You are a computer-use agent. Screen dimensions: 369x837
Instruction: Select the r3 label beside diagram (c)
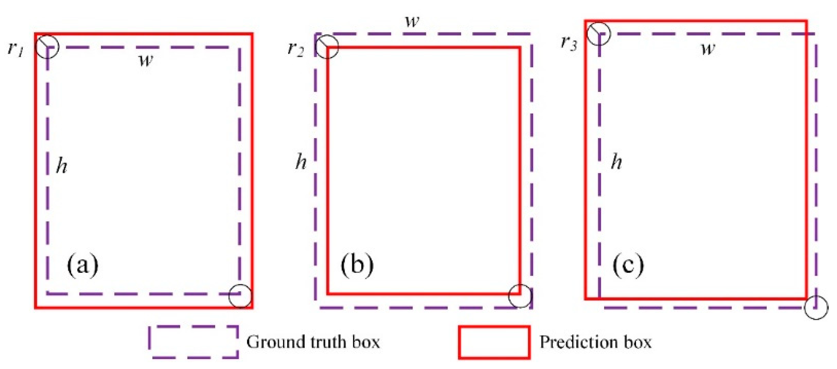(x=569, y=42)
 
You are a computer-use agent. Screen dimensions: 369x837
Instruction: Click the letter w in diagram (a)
(x=146, y=60)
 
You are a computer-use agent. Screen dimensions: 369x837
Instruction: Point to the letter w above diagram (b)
(x=412, y=21)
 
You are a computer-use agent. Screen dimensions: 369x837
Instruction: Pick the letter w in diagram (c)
(x=708, y=49)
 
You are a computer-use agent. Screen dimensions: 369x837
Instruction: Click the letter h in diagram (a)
(x=62, y=166)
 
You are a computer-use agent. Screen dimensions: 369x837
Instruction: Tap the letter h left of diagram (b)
(x=301, y=162)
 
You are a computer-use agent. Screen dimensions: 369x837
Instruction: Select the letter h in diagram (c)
(x=616, y=162)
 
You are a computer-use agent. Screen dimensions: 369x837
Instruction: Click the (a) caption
(x=82, y=265)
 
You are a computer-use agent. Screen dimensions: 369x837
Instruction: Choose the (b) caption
(x=357, y=265)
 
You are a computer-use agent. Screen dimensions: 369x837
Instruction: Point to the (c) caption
(x=628, y=265)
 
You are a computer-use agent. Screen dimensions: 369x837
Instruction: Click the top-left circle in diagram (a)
(x=47, y=46)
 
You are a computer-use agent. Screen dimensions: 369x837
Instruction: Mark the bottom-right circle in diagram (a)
(x=240, y=296)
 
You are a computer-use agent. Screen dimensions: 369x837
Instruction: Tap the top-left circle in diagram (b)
(x=327, y=47)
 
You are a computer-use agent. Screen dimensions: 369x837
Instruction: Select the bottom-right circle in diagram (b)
(x=520, y=296)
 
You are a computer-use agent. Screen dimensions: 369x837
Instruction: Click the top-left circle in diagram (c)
(x=599, y=33)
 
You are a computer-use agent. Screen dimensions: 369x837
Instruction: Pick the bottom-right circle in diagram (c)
(x=816, y=307)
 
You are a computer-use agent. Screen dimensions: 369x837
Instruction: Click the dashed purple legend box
(x=194, y=342)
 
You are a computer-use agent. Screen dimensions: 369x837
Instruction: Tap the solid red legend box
(x=494, y=342)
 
